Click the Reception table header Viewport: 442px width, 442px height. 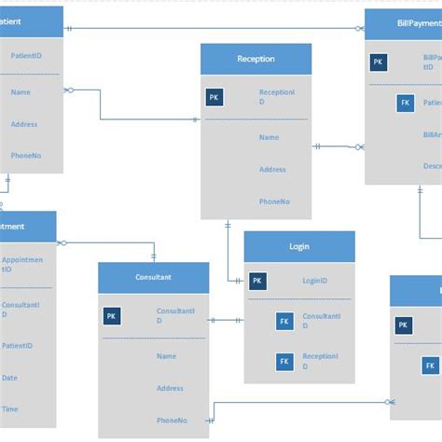(x=256, y=59)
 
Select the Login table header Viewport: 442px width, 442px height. (x=299, y=247)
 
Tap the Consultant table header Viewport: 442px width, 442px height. (x=153, y=277)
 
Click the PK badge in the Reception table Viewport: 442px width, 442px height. (x=214, y=96)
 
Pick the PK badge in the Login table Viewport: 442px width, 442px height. (x=257, y=280)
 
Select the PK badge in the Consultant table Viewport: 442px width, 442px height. (x=112, y=316)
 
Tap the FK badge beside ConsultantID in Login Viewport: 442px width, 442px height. (x=284, y=322)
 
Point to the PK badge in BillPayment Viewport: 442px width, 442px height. (x=378, y=62)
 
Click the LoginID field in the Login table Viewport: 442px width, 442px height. (x=314, y=280)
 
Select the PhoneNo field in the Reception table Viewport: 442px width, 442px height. (x=273, y=201)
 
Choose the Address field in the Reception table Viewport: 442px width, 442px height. (x=272, y=170)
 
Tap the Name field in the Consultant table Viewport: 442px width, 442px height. (x=166, y=356)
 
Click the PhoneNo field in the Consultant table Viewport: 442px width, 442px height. (x=172, y=420)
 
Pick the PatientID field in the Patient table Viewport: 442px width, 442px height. (x=25, y=56)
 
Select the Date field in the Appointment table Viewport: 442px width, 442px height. (x=9, y=378)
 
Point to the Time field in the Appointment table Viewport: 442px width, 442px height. (x=9, y=409)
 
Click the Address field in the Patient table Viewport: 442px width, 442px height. (x=24, y=124)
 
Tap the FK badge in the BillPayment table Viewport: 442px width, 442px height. (x=405, y=103)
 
